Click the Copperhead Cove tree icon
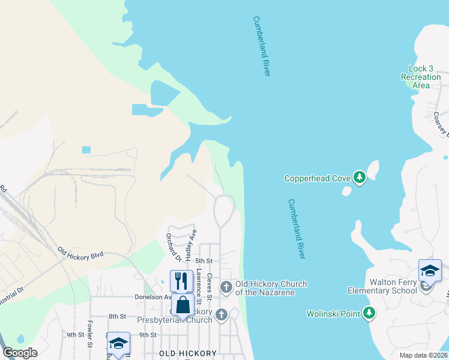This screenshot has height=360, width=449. [x=359, y=178]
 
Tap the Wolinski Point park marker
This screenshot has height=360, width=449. [x=369, y=313]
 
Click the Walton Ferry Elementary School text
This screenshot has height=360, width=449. [x=382, y=287]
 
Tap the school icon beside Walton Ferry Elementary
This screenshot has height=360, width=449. [x=430, y=271]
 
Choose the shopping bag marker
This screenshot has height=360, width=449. [x=183, y=305]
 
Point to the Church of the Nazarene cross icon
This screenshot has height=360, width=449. [x=226, y=287]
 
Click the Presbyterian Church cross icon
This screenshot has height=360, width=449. [x=221, y=314]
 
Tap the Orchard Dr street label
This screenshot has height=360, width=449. [x=173, y=248]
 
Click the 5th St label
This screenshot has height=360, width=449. [x=204, y=261]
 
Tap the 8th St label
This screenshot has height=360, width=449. [x=117, y=316]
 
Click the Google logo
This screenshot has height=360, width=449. [x=20, y=353]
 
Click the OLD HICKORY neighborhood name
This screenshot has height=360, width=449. [x=187, y=354]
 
